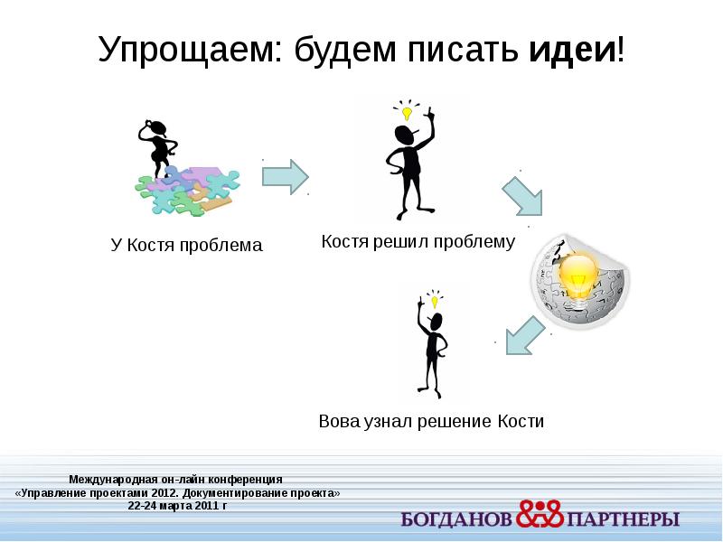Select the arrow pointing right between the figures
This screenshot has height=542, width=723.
pos(284,176)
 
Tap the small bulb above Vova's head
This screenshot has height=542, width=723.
pos(435,299)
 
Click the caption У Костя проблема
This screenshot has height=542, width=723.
pos(186,245)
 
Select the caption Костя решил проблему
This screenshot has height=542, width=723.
pos(418,241)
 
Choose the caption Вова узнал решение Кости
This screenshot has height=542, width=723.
pos(431,422)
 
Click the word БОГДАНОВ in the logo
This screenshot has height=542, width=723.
pos(456,519)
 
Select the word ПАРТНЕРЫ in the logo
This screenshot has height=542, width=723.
pos(623,519)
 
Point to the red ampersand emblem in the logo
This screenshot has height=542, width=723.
pos(540,515)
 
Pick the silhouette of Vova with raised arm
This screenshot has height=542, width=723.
pos(433,348)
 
